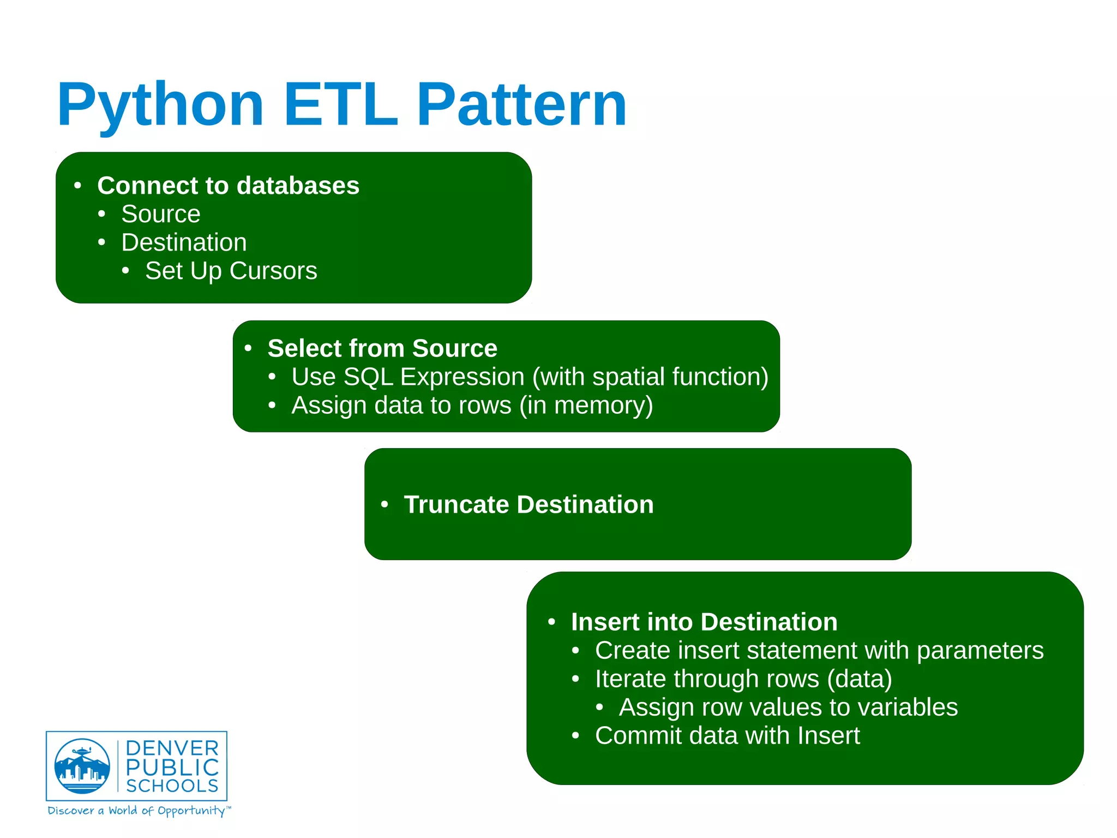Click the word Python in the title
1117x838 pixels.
(x=160, y=105)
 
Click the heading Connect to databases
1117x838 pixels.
(x=228, y=186)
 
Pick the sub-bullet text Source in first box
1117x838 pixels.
(x=160, y=214)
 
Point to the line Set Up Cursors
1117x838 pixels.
(x=231, y=271)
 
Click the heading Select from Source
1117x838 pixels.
(x=382, y=348)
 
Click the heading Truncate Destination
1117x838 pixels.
(x=528, y=504)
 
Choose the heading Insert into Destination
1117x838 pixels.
(x=704, y=622)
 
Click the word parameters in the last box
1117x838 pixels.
(x=980, y=650)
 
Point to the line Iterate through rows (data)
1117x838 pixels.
(x=743, y=679)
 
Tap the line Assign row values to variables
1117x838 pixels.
(x=788, y=707)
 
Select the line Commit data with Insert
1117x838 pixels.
(x=727, y=735)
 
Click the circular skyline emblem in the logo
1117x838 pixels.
(x=82, y=766)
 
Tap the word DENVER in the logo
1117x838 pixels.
(x=172, y=748)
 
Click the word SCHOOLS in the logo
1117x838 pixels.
(x=172, y=786)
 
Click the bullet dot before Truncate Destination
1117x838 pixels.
(x=385, y=504)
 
